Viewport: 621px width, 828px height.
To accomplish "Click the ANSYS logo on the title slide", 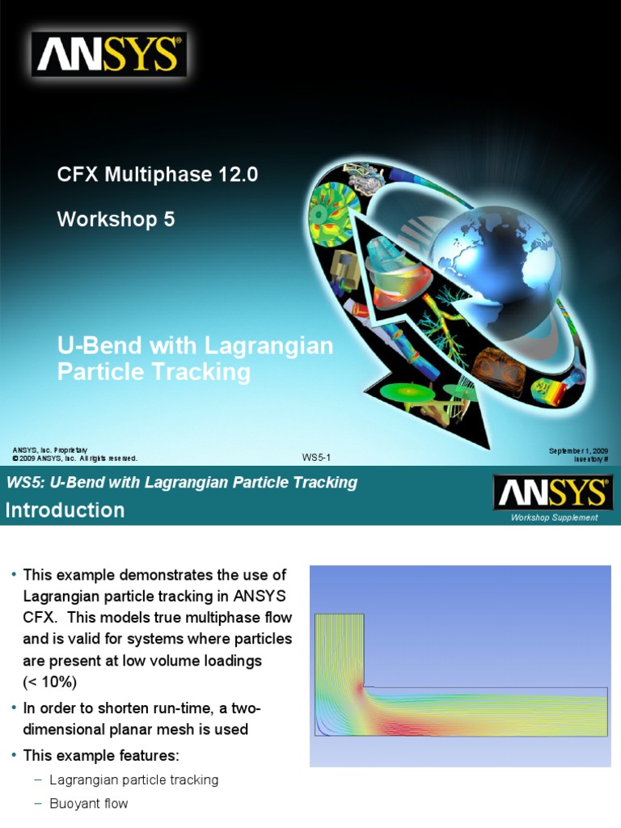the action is (x=109, y=54).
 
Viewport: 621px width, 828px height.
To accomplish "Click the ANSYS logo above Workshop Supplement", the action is (x=553, y=492).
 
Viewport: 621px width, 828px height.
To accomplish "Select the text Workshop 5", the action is (x=116, y=219).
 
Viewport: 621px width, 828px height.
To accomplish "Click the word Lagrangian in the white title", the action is (x=268, y=346).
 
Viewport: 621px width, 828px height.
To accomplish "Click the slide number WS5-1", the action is (x=316, y=458).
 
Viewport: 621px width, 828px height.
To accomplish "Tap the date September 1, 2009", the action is (x=578, y=450).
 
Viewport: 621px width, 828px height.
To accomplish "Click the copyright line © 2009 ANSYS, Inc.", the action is (x=75, y=458).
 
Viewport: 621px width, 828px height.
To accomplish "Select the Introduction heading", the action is (x=65, y=510).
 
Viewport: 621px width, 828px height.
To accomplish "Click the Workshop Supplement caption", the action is (x=554, y=517).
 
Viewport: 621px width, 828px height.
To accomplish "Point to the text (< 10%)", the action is (x=49, y=682).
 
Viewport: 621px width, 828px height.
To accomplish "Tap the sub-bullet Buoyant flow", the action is (x=89, y=803).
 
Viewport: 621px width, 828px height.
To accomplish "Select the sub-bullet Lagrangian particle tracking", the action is (x=134, y=780).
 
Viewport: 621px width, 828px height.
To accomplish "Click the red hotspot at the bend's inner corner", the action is (x=361, y=689).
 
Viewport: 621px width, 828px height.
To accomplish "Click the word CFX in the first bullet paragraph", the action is (x=40, y=617).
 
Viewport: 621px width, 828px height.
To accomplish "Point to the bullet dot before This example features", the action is (x=13, y=754).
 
